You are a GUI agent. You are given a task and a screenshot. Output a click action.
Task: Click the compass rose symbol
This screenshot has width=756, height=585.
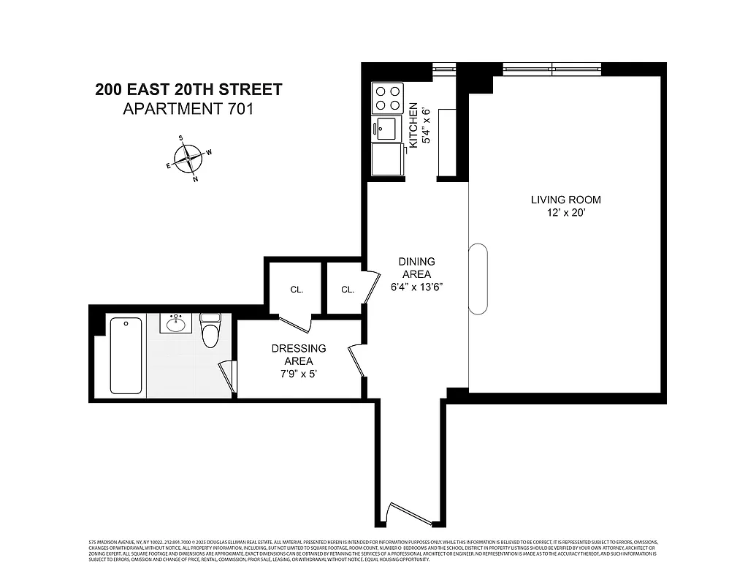(x=190, y=157)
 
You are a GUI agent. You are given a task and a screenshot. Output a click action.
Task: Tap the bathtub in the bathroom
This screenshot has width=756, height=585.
(x=126, y=355)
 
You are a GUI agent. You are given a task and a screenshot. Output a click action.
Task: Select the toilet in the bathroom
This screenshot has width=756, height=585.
(x=210, y=331)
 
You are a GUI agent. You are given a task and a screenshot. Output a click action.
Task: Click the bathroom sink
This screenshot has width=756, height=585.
(x=175, y=323)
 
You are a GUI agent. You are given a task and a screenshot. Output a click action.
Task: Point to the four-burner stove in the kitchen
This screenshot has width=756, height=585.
(x=388, y=98)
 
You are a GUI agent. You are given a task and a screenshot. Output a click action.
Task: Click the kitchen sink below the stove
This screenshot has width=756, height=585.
(x=387, y=129)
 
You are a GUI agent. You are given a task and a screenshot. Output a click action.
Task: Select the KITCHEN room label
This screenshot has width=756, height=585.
(x=413, y=124)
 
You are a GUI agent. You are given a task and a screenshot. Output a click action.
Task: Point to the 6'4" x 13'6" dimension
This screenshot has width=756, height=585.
(x=416, y=287)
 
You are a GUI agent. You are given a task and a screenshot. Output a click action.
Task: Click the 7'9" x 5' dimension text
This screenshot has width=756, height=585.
(x=299, y=374)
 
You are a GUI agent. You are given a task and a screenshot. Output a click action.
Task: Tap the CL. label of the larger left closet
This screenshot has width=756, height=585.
(x=297, y=290)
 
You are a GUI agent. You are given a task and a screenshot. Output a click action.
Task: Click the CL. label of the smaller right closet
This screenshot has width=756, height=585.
(x=347, y=290)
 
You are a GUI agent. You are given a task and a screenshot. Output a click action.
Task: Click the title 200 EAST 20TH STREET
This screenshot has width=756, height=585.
(x=188, y=90)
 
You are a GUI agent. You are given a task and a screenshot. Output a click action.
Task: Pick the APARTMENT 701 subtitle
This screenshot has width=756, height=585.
(x=188, y=109)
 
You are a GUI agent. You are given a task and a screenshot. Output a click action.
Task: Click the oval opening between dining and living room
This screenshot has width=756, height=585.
(x=477, y=279)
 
